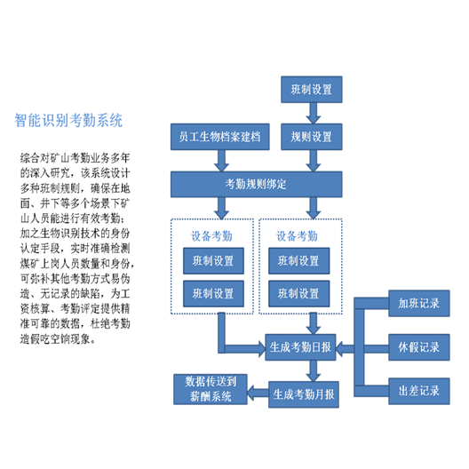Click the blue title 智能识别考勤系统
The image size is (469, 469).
pos(68,121)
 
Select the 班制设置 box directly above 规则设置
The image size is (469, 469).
pos(312,90)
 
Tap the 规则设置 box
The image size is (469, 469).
pos(312,137)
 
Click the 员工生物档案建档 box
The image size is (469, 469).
pos(220,137)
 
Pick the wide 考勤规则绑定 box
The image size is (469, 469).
pos(257,184)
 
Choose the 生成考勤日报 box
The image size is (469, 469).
pos(300,347)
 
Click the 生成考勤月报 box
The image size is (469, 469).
pos(304,394)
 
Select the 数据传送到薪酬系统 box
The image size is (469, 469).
pos(211,389)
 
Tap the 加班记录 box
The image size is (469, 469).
pos(418,303)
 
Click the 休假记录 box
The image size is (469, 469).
pos(418,347)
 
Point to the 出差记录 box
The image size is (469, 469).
pos(418,391)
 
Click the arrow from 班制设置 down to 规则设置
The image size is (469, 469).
pos(314,113)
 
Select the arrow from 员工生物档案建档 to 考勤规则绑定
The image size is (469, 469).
pos(222,161)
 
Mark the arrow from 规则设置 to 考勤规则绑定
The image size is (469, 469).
pos(314,161)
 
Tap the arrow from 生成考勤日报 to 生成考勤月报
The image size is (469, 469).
pos(314,371)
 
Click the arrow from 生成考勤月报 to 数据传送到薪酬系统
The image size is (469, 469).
pos(258,393)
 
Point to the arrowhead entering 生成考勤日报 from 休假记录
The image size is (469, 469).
pos(340,349)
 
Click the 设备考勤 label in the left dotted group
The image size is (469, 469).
pos(211,236)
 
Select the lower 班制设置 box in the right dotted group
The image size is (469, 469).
pos(298,294)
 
